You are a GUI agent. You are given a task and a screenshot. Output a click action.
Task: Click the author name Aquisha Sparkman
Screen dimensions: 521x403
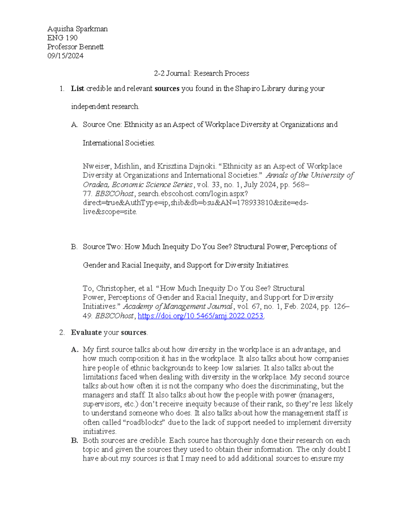pyautogui.click(x=77, y=29)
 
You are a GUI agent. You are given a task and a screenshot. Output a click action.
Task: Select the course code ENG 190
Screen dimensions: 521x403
pyautogui.click(x=62, y=38)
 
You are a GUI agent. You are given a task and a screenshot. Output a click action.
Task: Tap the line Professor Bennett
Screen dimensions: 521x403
pyautogui.click(x=75, y=47)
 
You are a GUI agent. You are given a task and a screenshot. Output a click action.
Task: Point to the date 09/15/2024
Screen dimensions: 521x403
pyautogui.click(x=65, y=56)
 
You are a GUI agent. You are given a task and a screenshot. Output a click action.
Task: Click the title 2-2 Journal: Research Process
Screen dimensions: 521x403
pyautogui.click(x=201, y=73)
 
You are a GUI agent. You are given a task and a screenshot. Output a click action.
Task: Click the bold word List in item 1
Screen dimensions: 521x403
pyautogui.click(x=77, y=89)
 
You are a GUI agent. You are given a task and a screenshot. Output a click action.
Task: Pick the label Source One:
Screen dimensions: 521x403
pyautogui.click(x=102, y=125)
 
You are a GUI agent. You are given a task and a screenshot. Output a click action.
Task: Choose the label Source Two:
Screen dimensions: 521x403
pyautogui.click(x=102, y=247)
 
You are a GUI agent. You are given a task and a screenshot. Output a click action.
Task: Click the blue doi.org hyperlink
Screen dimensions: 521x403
pyautogui.click(x=201, y=316)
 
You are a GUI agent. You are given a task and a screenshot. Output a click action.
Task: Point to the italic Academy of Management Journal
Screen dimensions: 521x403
pyautogui.click(x=178, y=307)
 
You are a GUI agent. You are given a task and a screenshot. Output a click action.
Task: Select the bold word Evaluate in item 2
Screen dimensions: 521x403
pyautogui.click(x=86, y=332)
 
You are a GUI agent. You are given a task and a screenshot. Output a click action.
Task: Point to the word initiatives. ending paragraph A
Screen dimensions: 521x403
pyautogui.click(x=99, y=431)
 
